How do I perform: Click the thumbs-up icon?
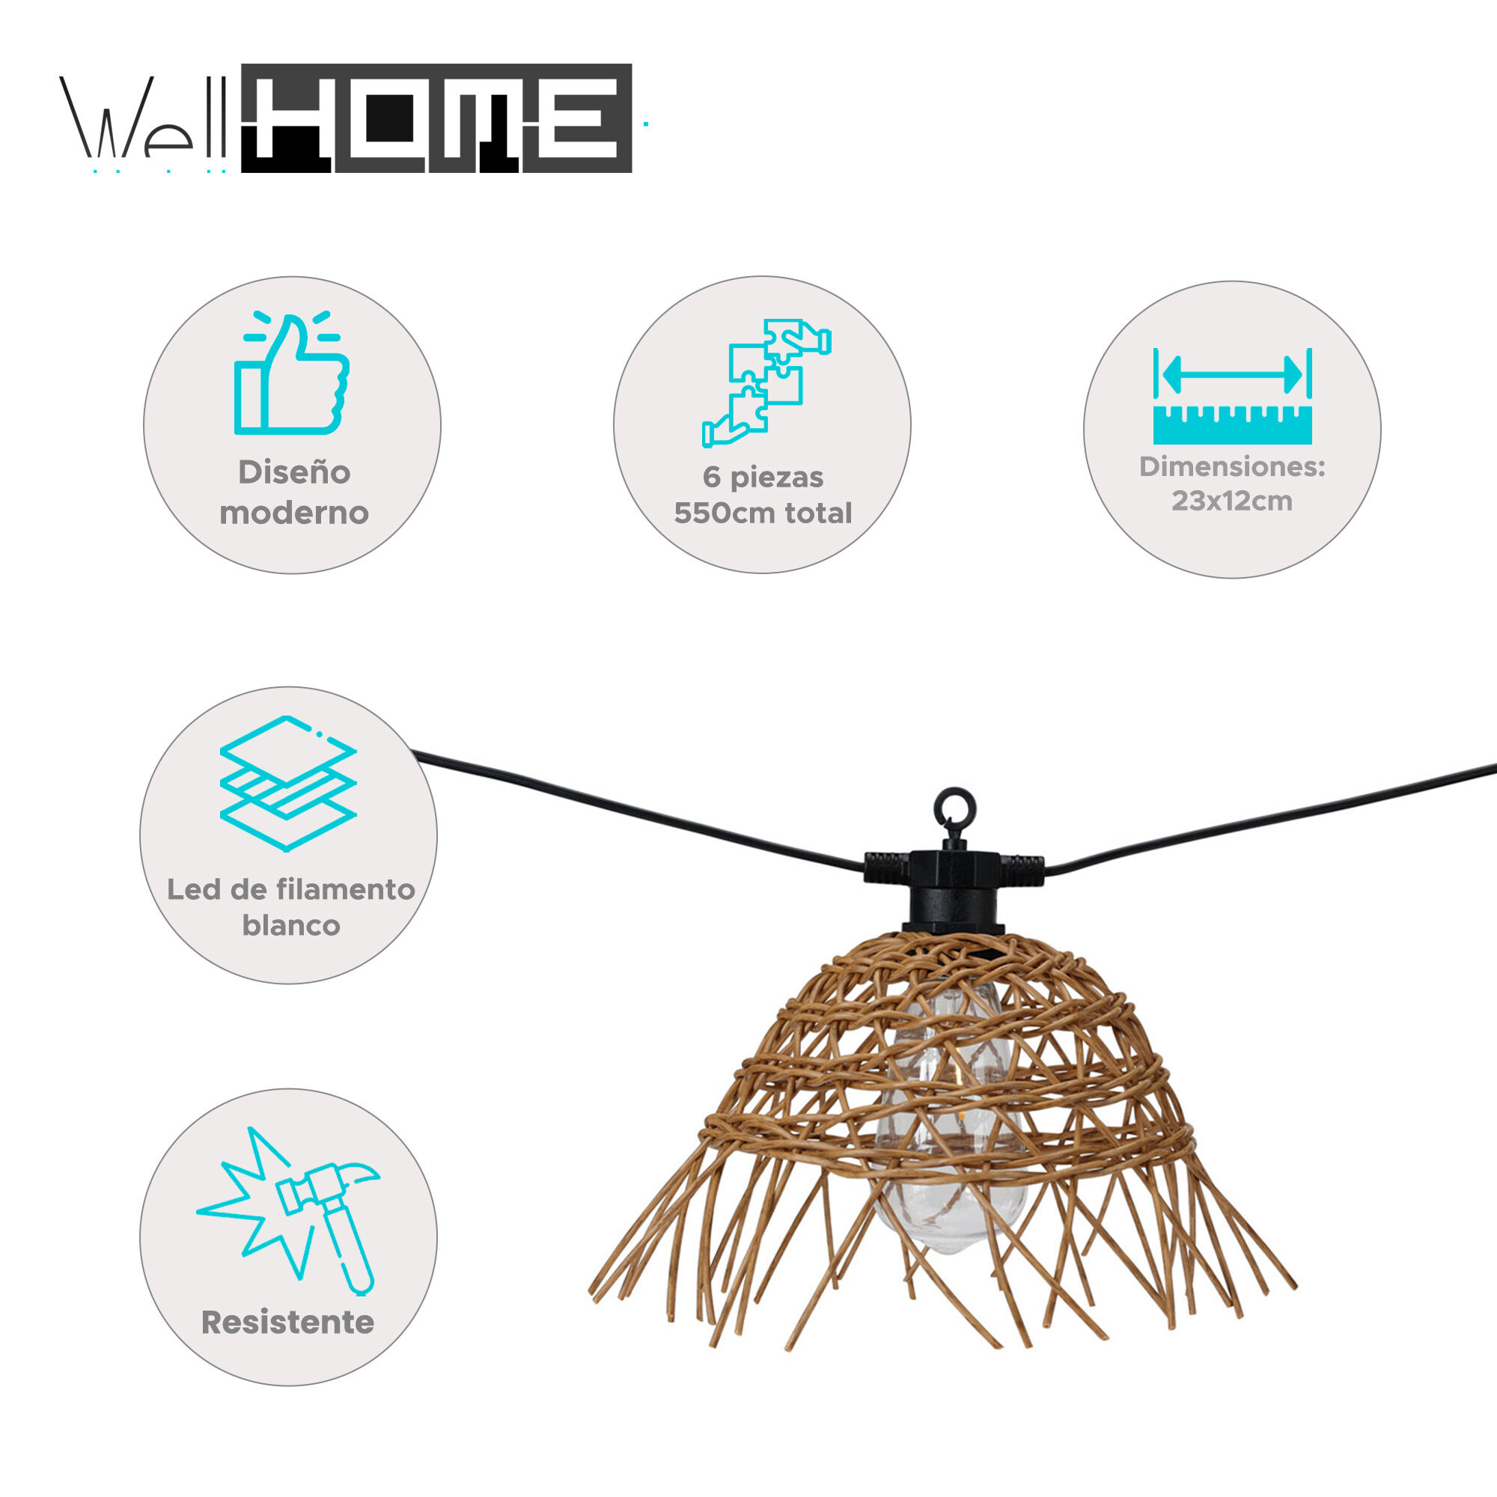(x=292, y=374)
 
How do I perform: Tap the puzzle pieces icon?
(x=766, y=382)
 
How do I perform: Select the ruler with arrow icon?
(x=1232, y=396)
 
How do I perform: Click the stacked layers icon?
(x=288, y=784)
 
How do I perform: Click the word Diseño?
(x=294, y=472)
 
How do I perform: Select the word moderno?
(x=294, y=512)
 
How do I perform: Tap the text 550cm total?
(x=763, y=513)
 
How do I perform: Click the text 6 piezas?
(x=763, y=478)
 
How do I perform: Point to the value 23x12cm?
(x=1232, y=501)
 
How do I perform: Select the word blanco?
(x=291, y=925)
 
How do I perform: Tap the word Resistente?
(x=287, y=1323)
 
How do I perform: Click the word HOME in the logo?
(x=437, y=118)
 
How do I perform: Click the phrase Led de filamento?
(x=291, y=888)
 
